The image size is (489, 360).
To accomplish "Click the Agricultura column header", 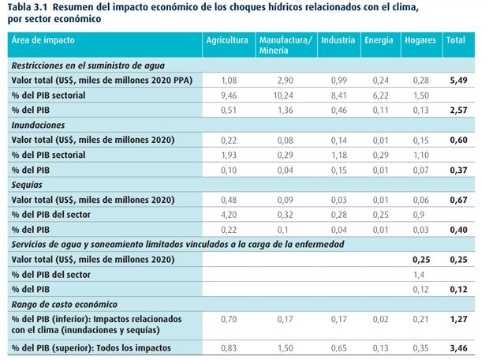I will click(x=227, y=39).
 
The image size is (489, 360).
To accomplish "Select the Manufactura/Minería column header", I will click(x=285, y=44).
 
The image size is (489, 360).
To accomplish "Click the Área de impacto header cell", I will click(x=43, y=39).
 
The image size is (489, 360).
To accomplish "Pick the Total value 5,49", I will click(x=457, y=80).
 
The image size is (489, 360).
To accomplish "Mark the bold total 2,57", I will click(x=457, y=110).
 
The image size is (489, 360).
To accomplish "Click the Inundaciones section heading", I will click(x=38, y=125).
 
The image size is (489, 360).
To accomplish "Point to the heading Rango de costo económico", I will click(x=64, y=304).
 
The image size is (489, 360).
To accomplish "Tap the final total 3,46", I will click(x=457, y=348).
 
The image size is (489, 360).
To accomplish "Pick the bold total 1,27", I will click(x=457, y=318).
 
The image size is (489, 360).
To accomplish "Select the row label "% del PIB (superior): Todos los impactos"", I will click(x=90, y=348).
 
